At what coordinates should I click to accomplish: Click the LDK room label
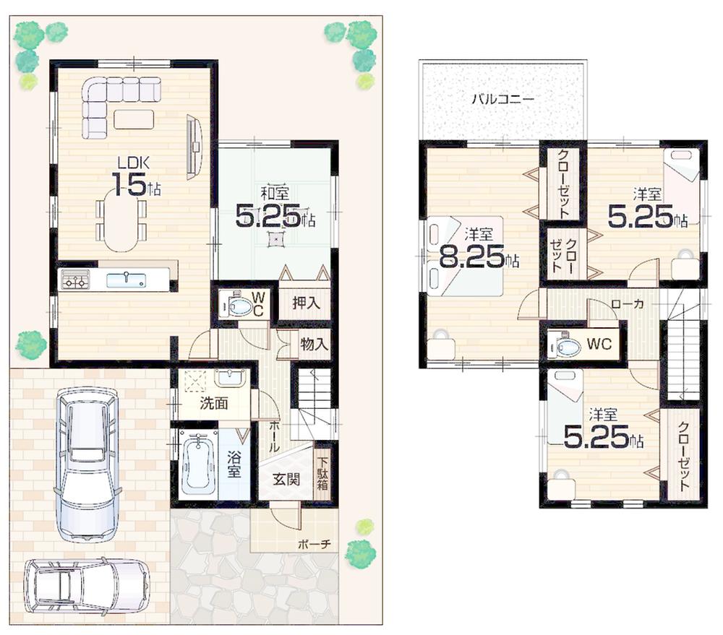point(134,163)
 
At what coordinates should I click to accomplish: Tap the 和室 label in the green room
point(275,193)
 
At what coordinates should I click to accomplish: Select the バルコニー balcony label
point(502,100)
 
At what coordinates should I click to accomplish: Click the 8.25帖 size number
point(471,259)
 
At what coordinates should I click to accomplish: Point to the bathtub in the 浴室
point(198,463)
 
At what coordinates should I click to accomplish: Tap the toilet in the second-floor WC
point(564,345)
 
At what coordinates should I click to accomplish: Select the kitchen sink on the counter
point(126,279)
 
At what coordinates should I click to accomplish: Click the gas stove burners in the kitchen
point(75,280)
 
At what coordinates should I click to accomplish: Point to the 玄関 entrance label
point(286,478)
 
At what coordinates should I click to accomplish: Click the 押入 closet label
point(306,303)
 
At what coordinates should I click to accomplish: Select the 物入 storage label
point(314,345)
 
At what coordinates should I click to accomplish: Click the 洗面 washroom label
point(213,403)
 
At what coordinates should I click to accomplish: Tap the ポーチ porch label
point(315,544)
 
